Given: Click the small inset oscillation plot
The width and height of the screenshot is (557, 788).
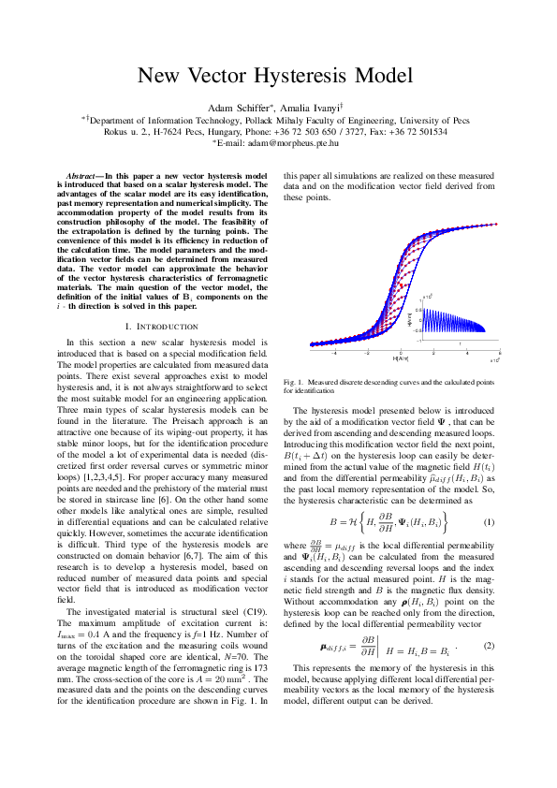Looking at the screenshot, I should click(x=458, y=318).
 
